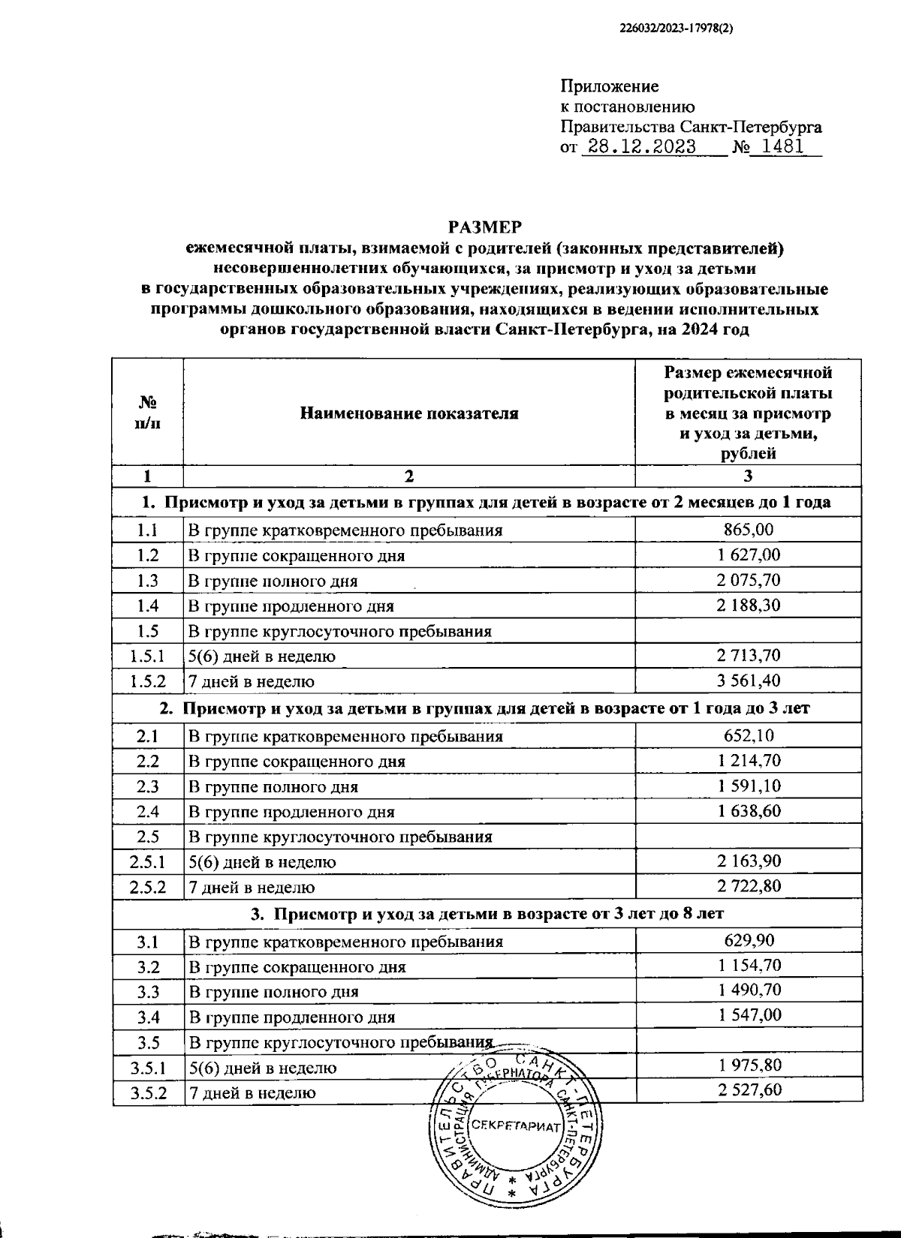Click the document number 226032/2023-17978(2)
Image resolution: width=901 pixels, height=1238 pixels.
pos(677,29)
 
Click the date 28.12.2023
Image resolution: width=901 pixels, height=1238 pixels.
pos(642,147)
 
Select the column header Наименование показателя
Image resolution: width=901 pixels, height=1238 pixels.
pos(409,413)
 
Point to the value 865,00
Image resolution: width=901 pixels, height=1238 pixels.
pos(749,530)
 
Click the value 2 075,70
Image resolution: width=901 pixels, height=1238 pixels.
pos(749,580)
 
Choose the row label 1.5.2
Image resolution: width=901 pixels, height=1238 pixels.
pos(147,681)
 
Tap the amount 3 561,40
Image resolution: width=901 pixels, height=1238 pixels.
pos(749,681)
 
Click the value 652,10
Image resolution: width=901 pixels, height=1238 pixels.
pos(749,736)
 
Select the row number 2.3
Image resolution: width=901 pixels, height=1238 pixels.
pos(148,786)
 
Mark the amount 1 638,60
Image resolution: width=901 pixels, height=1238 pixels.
pos(749,811)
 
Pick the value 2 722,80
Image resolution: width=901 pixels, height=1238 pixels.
pos(749,886)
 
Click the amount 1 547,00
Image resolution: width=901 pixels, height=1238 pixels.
pos(749,1016)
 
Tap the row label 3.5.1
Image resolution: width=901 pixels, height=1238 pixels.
pos(147,1067)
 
